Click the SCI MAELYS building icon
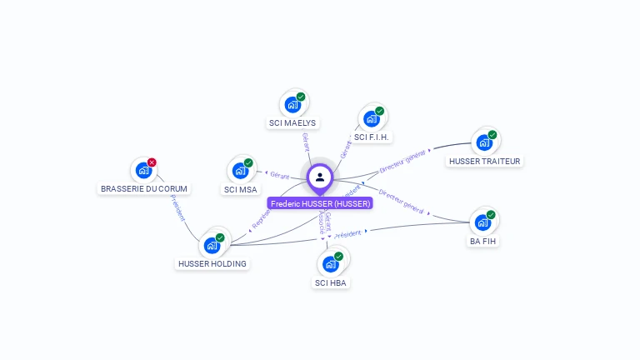point(292,104)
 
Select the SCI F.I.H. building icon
point(372,118)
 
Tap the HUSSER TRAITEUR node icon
point(484,142)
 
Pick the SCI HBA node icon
point(331,263)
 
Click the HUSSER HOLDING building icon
point(212,245)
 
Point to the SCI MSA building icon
point(241,170)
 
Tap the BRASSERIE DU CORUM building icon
point(143,170)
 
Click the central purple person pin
point(320,177)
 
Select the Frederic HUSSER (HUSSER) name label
point(320,203)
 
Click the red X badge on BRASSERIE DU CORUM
point(152,162)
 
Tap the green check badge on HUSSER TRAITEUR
point(492,134)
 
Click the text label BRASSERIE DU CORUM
point(144,189)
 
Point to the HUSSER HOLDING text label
point(212,264)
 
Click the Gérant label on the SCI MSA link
point(278,175)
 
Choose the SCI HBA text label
point(331,282)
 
